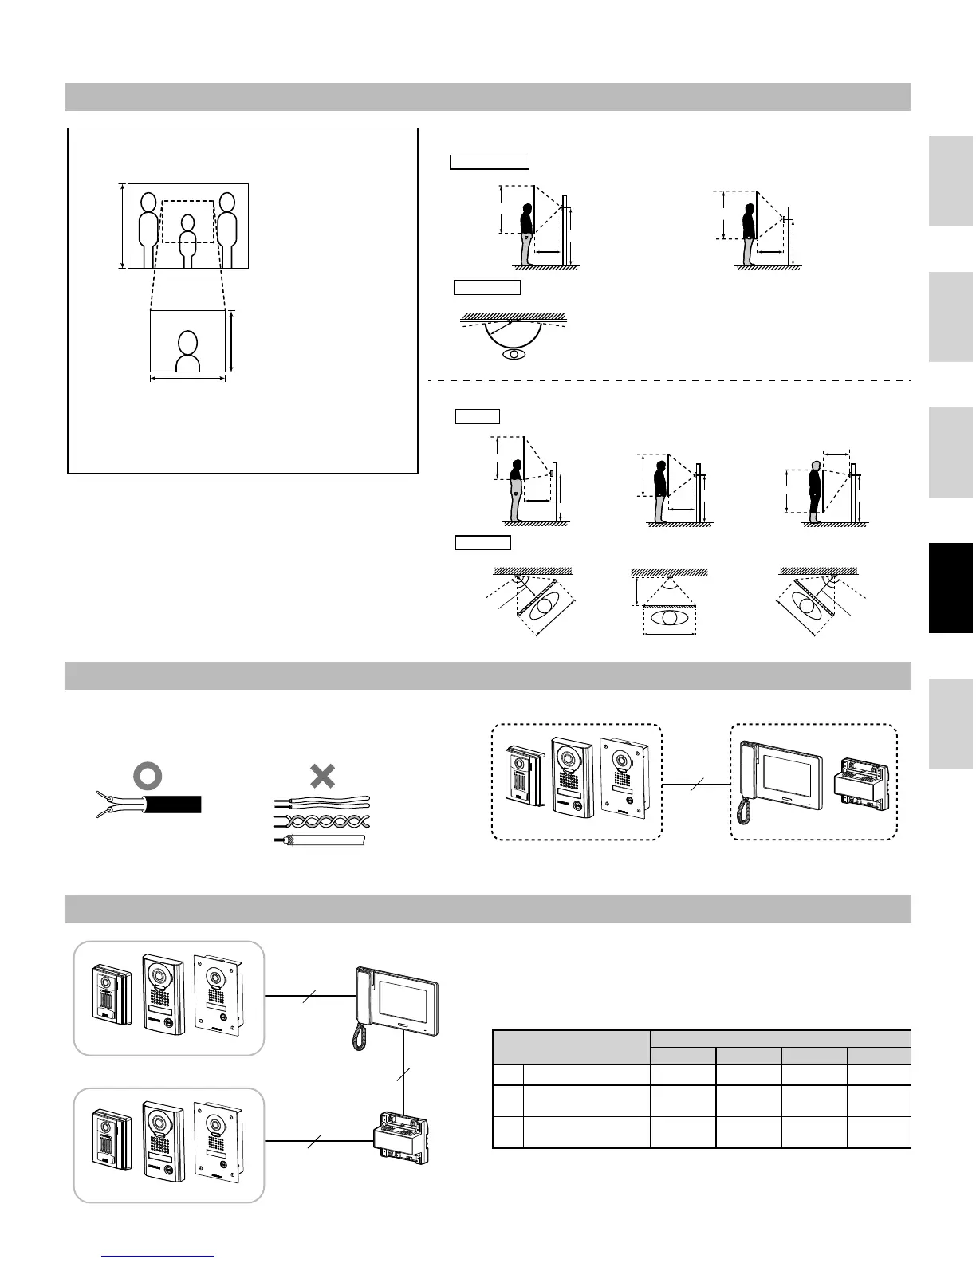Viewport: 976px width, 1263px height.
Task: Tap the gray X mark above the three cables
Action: click(x=322, y=776)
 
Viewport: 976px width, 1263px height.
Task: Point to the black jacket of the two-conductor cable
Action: click(x=172, y=804)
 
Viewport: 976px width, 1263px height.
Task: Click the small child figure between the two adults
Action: click(x=187, y=239)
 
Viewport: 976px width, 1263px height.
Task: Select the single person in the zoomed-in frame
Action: click(x=187, y=352)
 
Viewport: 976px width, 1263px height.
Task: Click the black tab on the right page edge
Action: click(x=950, y=588)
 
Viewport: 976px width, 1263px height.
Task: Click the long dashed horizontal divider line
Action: click(x=670, y=380)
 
